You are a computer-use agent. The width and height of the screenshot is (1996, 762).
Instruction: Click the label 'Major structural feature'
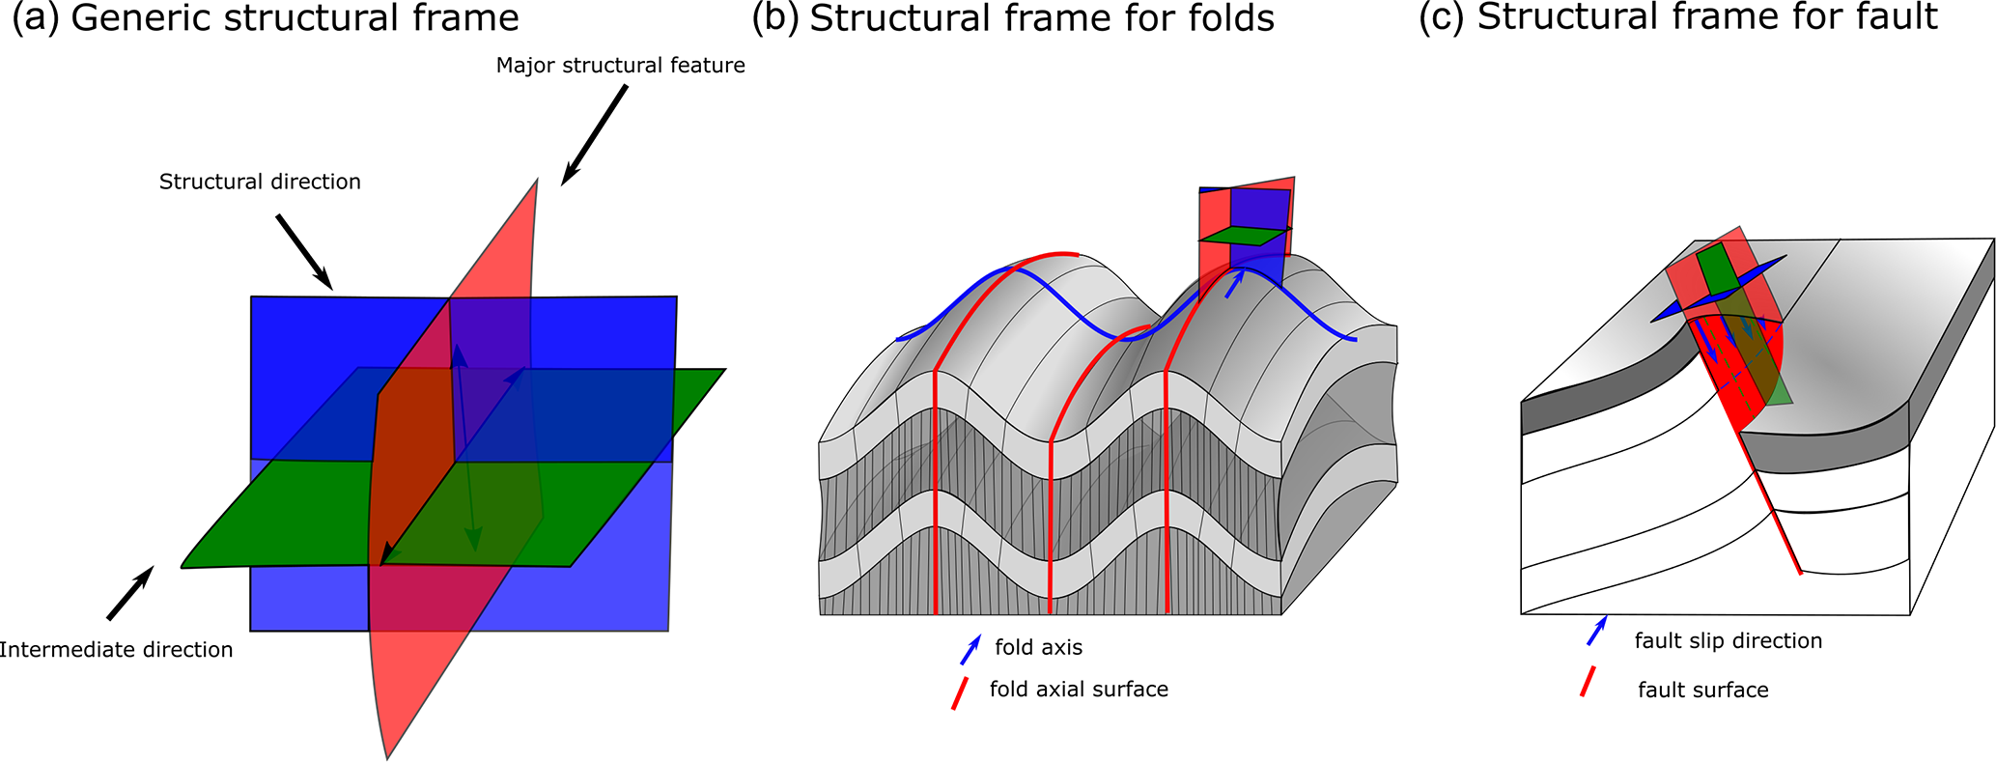click(x=620, y=66)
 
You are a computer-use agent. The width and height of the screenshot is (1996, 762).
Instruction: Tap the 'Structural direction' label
click(x=260, y=182)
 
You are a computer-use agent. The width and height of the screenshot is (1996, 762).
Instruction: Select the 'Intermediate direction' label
click(x=116, y=650)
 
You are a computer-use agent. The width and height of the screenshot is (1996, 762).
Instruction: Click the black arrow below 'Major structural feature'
click(x=594, y=134)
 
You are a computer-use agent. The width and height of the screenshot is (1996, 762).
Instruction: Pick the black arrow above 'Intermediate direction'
click(x=129, y=593)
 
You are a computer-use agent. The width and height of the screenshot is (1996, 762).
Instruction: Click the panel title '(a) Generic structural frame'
click(x=266, y=18)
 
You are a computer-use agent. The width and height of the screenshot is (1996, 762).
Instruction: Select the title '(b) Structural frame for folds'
click(x=1013, y=18)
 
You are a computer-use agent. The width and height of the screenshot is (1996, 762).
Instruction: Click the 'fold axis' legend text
click(x=1038, y=647)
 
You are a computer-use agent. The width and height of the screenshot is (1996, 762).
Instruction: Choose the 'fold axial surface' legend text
click(x=1079, y=690)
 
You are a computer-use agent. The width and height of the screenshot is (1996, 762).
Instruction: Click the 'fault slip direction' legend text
click(x=1728, y=641)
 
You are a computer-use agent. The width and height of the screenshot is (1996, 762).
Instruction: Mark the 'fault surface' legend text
click(x=1702, y=691)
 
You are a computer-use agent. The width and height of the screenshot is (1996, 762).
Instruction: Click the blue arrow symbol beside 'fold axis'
click(x=970, y=650)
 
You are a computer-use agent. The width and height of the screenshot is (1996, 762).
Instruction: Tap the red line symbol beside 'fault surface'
click(x=1586, y=682)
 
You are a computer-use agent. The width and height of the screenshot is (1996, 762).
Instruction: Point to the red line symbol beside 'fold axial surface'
click(x=960, y=692)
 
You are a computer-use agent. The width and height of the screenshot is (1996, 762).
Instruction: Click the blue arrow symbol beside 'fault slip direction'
click(x=1597, y=631)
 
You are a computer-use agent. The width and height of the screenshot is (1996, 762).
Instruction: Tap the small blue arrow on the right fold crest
click(x=1234, y=283)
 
